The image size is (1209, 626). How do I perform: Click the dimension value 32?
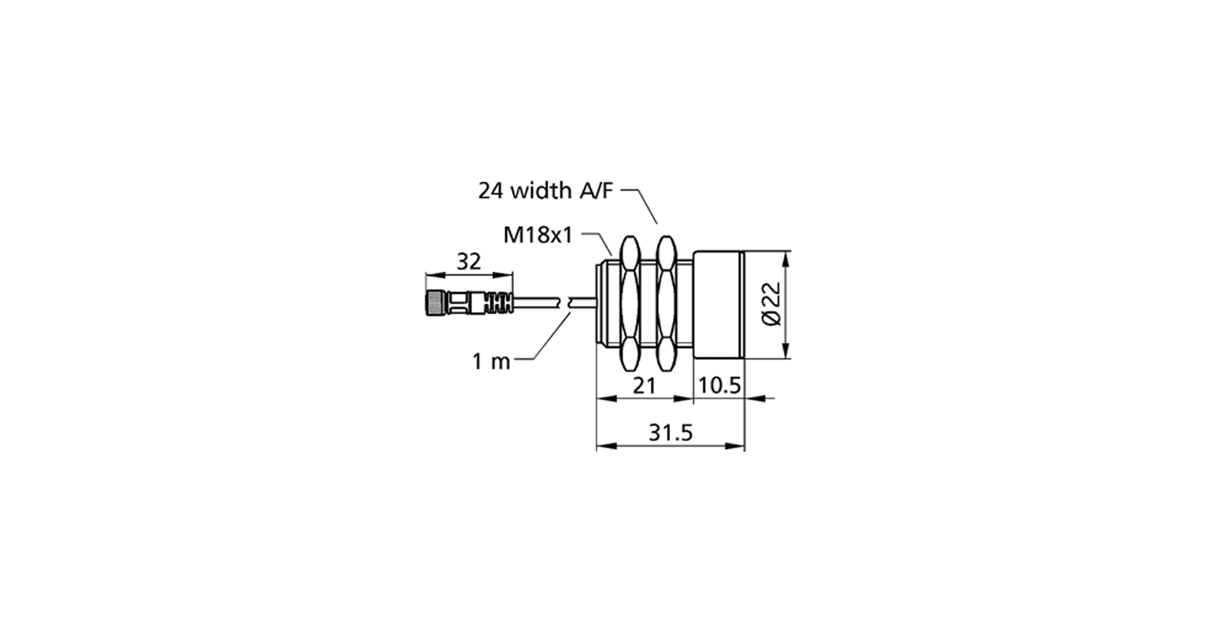(468, 262)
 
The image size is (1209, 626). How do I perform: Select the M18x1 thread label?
(538, 235)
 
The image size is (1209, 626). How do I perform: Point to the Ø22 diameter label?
(771, 304)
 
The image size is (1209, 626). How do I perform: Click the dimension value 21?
(645, 385)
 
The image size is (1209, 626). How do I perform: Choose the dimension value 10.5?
(719, 385)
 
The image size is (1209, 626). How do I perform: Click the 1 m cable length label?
(491, 361)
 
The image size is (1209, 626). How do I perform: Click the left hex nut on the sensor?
(630, 303)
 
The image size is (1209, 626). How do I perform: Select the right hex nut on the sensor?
(667, 303)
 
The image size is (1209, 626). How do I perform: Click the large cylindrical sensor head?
(718, 304)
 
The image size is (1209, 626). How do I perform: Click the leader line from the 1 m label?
(551, 339)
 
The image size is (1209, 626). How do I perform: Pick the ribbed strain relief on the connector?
(496, 302)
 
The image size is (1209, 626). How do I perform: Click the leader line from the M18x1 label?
(604, 243)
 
